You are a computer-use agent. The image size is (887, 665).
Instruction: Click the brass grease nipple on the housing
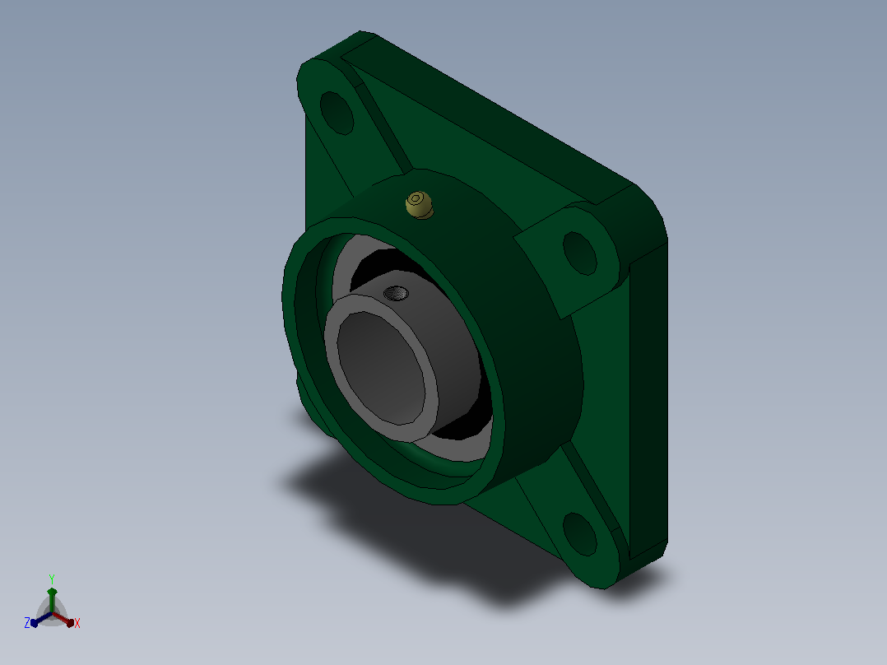coord(420,205)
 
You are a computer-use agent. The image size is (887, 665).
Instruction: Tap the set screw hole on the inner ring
coord(396,293)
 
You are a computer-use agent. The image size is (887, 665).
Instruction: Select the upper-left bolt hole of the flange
coord(337,114)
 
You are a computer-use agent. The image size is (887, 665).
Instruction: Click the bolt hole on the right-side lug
coord(580,253)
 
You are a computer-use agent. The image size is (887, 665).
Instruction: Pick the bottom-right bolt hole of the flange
coord(580,534)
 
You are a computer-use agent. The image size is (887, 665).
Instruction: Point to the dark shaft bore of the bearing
coord(382,368)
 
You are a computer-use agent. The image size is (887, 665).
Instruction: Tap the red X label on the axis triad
coord(77,623)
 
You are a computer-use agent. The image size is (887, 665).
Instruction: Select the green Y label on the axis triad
coord(52,579)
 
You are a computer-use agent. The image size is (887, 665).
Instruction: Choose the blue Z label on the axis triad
coord(27,623)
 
